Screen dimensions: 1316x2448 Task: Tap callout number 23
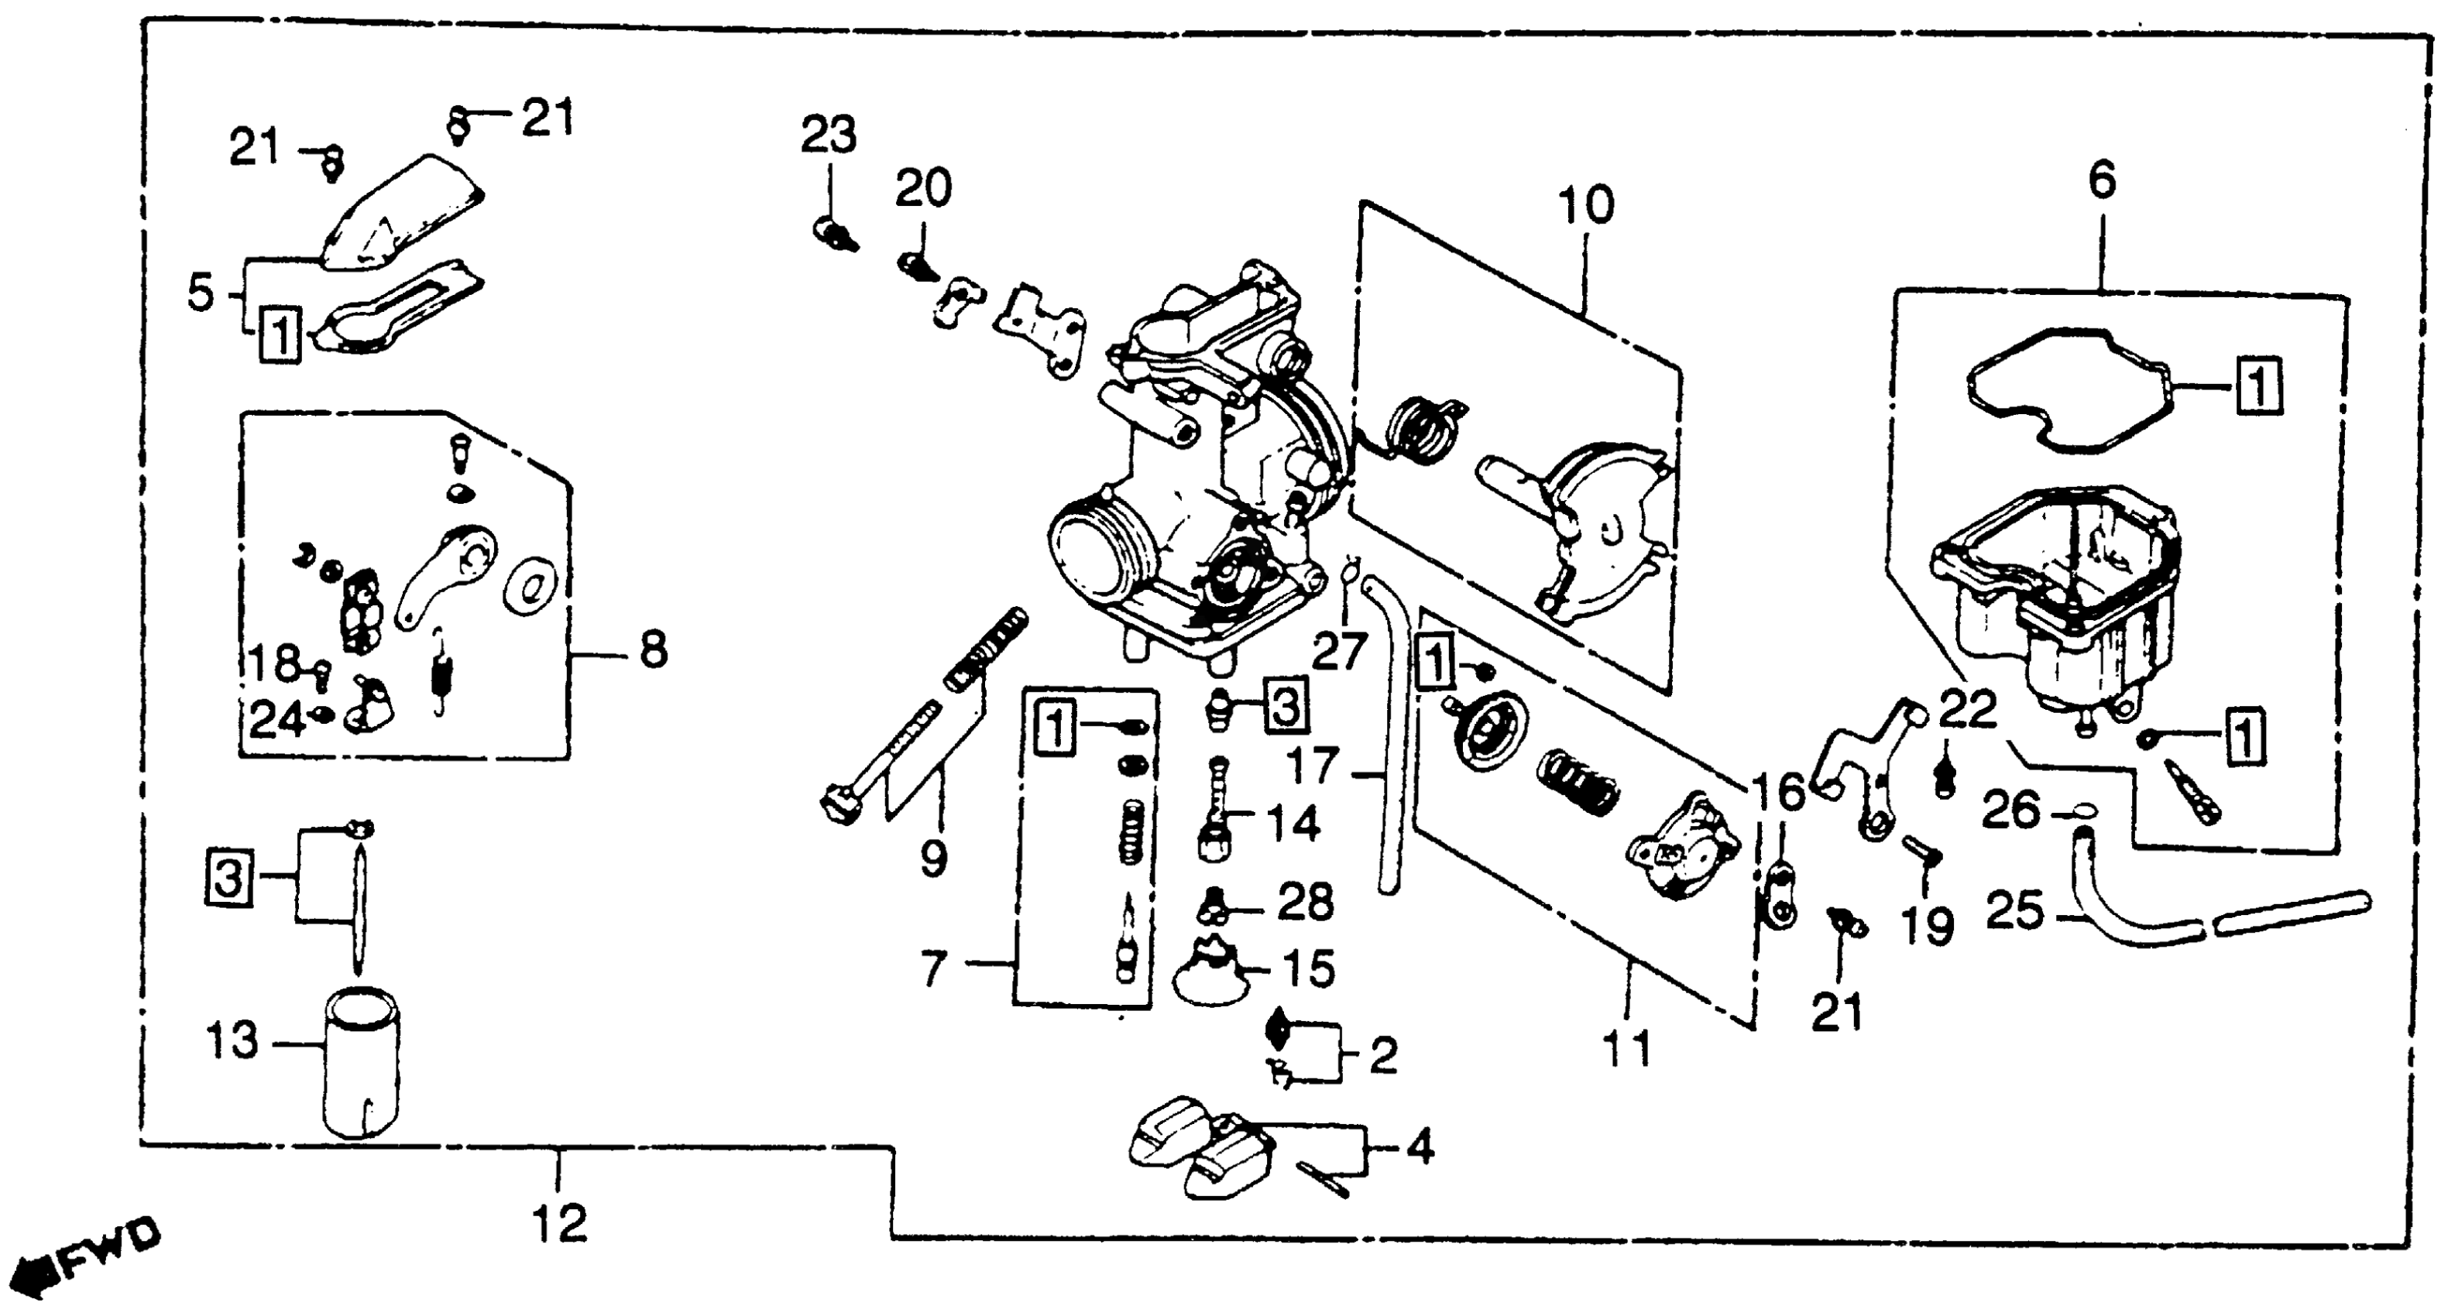828,136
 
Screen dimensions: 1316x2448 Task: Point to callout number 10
1586,206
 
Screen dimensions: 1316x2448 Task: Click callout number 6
2102,180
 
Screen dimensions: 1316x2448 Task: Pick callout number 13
232,1042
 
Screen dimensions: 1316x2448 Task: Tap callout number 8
653,652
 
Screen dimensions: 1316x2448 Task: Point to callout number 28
1306,903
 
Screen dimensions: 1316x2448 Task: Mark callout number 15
1309,969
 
